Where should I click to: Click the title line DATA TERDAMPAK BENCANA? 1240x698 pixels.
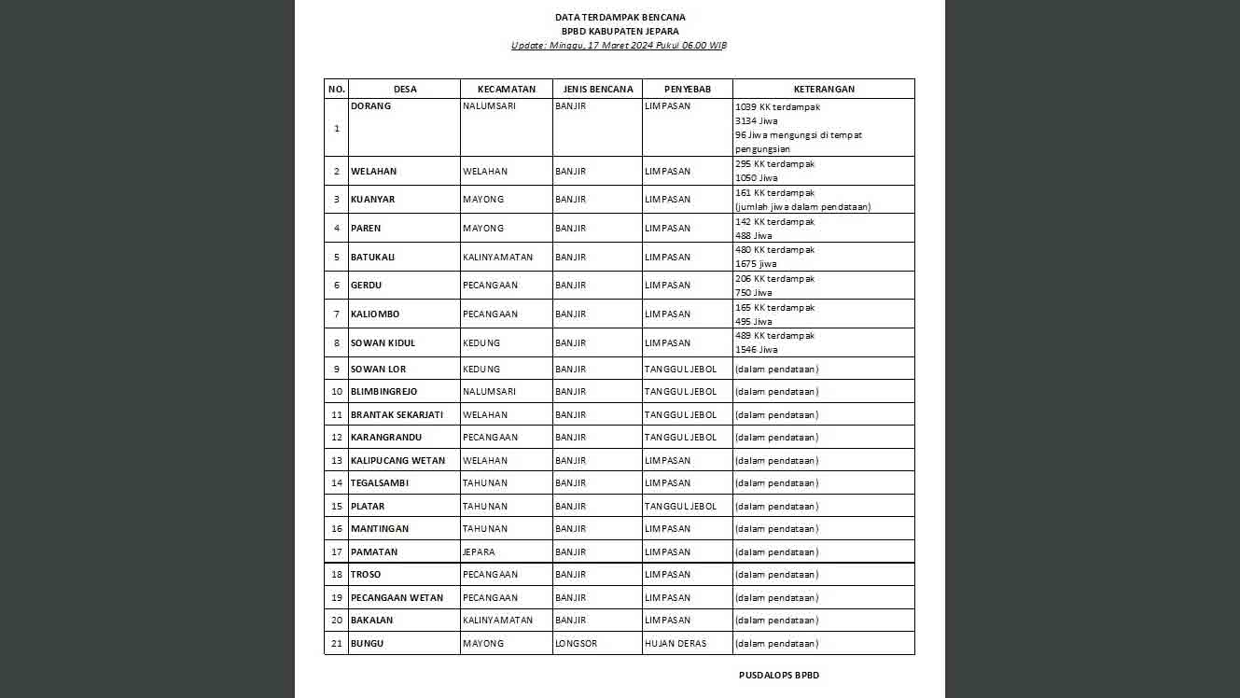click(620, 17)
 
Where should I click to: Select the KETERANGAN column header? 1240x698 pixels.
click(824, 90)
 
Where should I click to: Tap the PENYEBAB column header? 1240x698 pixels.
click(688, 90)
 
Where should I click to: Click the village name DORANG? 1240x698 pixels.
click(371, 106)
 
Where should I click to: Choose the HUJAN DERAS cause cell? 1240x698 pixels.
click(676, 644)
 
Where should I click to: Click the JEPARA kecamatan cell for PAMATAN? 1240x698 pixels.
click(479, 552)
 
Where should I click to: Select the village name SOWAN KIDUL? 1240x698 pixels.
click(383, 343)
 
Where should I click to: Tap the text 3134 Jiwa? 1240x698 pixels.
click(757, 121)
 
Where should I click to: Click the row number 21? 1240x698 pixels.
click(337, 644)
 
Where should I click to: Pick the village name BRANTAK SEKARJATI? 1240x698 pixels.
click(397, 415)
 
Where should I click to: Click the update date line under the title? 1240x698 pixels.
click(620, 45)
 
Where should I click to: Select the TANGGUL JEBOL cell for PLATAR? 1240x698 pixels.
click(681, 507)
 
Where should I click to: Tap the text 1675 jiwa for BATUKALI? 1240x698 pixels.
click(757, 264)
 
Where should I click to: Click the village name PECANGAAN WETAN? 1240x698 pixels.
click(397, 598)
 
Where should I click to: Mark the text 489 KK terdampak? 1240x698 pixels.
click(775, 336)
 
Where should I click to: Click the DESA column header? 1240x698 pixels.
click(405, 90)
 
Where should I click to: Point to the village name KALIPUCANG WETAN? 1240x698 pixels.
click(398, 461)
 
